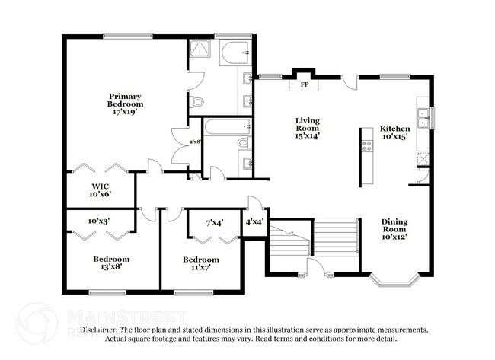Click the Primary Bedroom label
coord(126,100)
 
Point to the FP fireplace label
coord(304,84)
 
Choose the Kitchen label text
coord(395,129)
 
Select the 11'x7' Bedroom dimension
coord(200,268)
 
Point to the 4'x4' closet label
coord(254,222)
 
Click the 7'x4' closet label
coord(215,222)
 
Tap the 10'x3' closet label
coord(98,221)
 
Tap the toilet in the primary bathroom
coord(198,101)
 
